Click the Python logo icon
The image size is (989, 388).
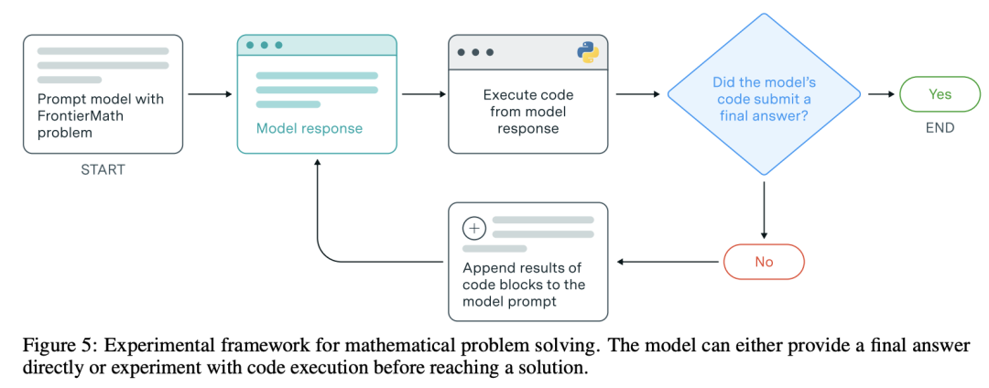pos(588,52)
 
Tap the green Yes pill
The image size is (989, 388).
pos(940,94)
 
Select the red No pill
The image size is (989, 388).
pos(764,261)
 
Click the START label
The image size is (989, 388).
pos(103,170)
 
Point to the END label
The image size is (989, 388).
pos(940,128)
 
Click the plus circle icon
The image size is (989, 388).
pos(474,228)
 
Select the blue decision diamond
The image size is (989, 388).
pos(764,94)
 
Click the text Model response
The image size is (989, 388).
pos(310,128)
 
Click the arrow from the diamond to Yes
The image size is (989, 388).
pos(881,94)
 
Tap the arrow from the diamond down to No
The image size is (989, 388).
pos(764,210)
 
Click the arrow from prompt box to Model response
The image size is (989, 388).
pos(210,94)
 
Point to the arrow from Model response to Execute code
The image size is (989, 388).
pos(423,94)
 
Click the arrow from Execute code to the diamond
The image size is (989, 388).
pos(637,94)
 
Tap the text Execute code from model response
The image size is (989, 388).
pos(528,112)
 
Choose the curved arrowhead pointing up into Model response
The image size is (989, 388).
pos(317,163)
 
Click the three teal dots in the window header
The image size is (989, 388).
pos(265,46)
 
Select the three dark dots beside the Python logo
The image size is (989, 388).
pos(475,53)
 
